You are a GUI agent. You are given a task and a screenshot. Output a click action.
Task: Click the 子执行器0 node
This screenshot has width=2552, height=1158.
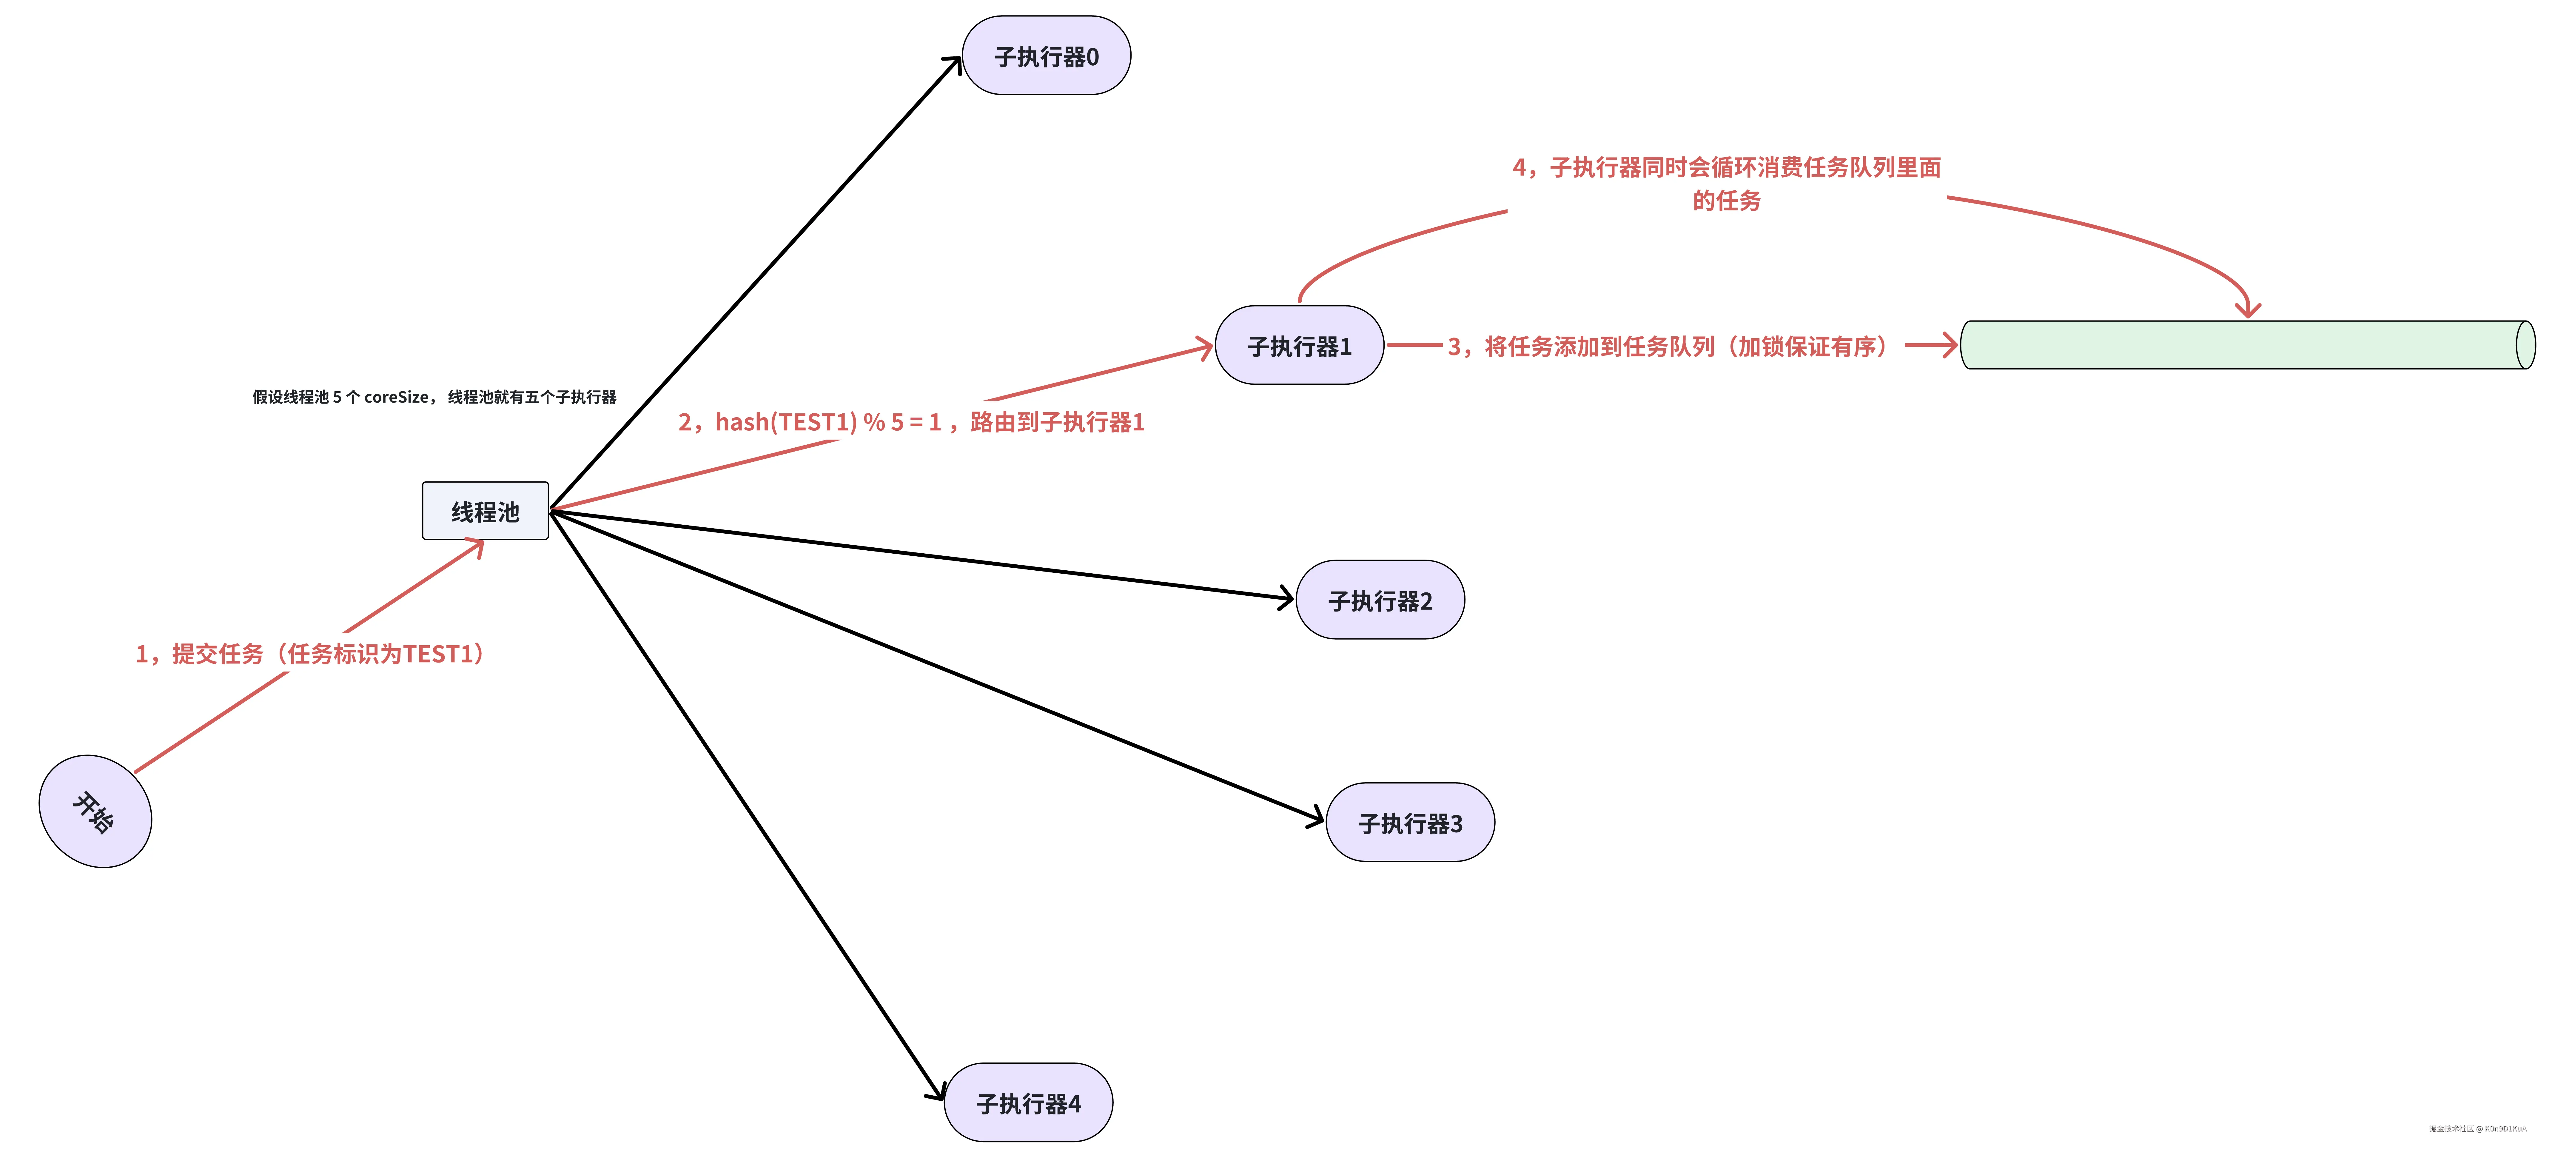click(x=1046, y=56)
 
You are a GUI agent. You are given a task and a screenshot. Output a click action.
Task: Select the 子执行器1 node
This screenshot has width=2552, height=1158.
click(x=1299, y=346)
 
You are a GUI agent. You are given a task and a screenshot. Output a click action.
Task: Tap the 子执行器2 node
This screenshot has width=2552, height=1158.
click(x=1380, y=600)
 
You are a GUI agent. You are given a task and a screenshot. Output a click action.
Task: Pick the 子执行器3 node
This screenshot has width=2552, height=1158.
click(x=1410, y=823)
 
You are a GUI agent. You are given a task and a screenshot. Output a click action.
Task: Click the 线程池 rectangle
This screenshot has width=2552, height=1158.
click(x=486, y=511)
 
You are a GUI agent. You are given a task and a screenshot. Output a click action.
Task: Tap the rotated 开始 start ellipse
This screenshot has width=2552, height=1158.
click(x=95, y=811)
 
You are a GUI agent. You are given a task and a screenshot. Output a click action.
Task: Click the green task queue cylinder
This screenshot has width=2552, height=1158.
click(x=2247, y=345)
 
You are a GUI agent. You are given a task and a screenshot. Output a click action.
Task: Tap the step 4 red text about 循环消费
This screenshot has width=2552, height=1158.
click(x=1726, y=183)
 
